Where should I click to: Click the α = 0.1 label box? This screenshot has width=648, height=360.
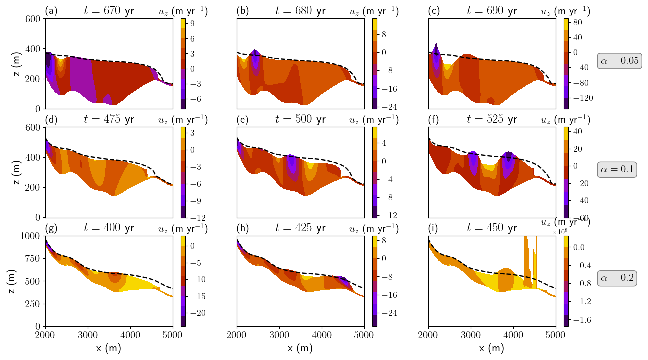tap(617, 170)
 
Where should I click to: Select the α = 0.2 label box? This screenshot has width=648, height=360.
tap(617, 279)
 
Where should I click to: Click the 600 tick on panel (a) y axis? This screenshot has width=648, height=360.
tap(33, 19)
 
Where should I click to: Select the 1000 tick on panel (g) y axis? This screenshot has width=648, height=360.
tap(31, 236)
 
